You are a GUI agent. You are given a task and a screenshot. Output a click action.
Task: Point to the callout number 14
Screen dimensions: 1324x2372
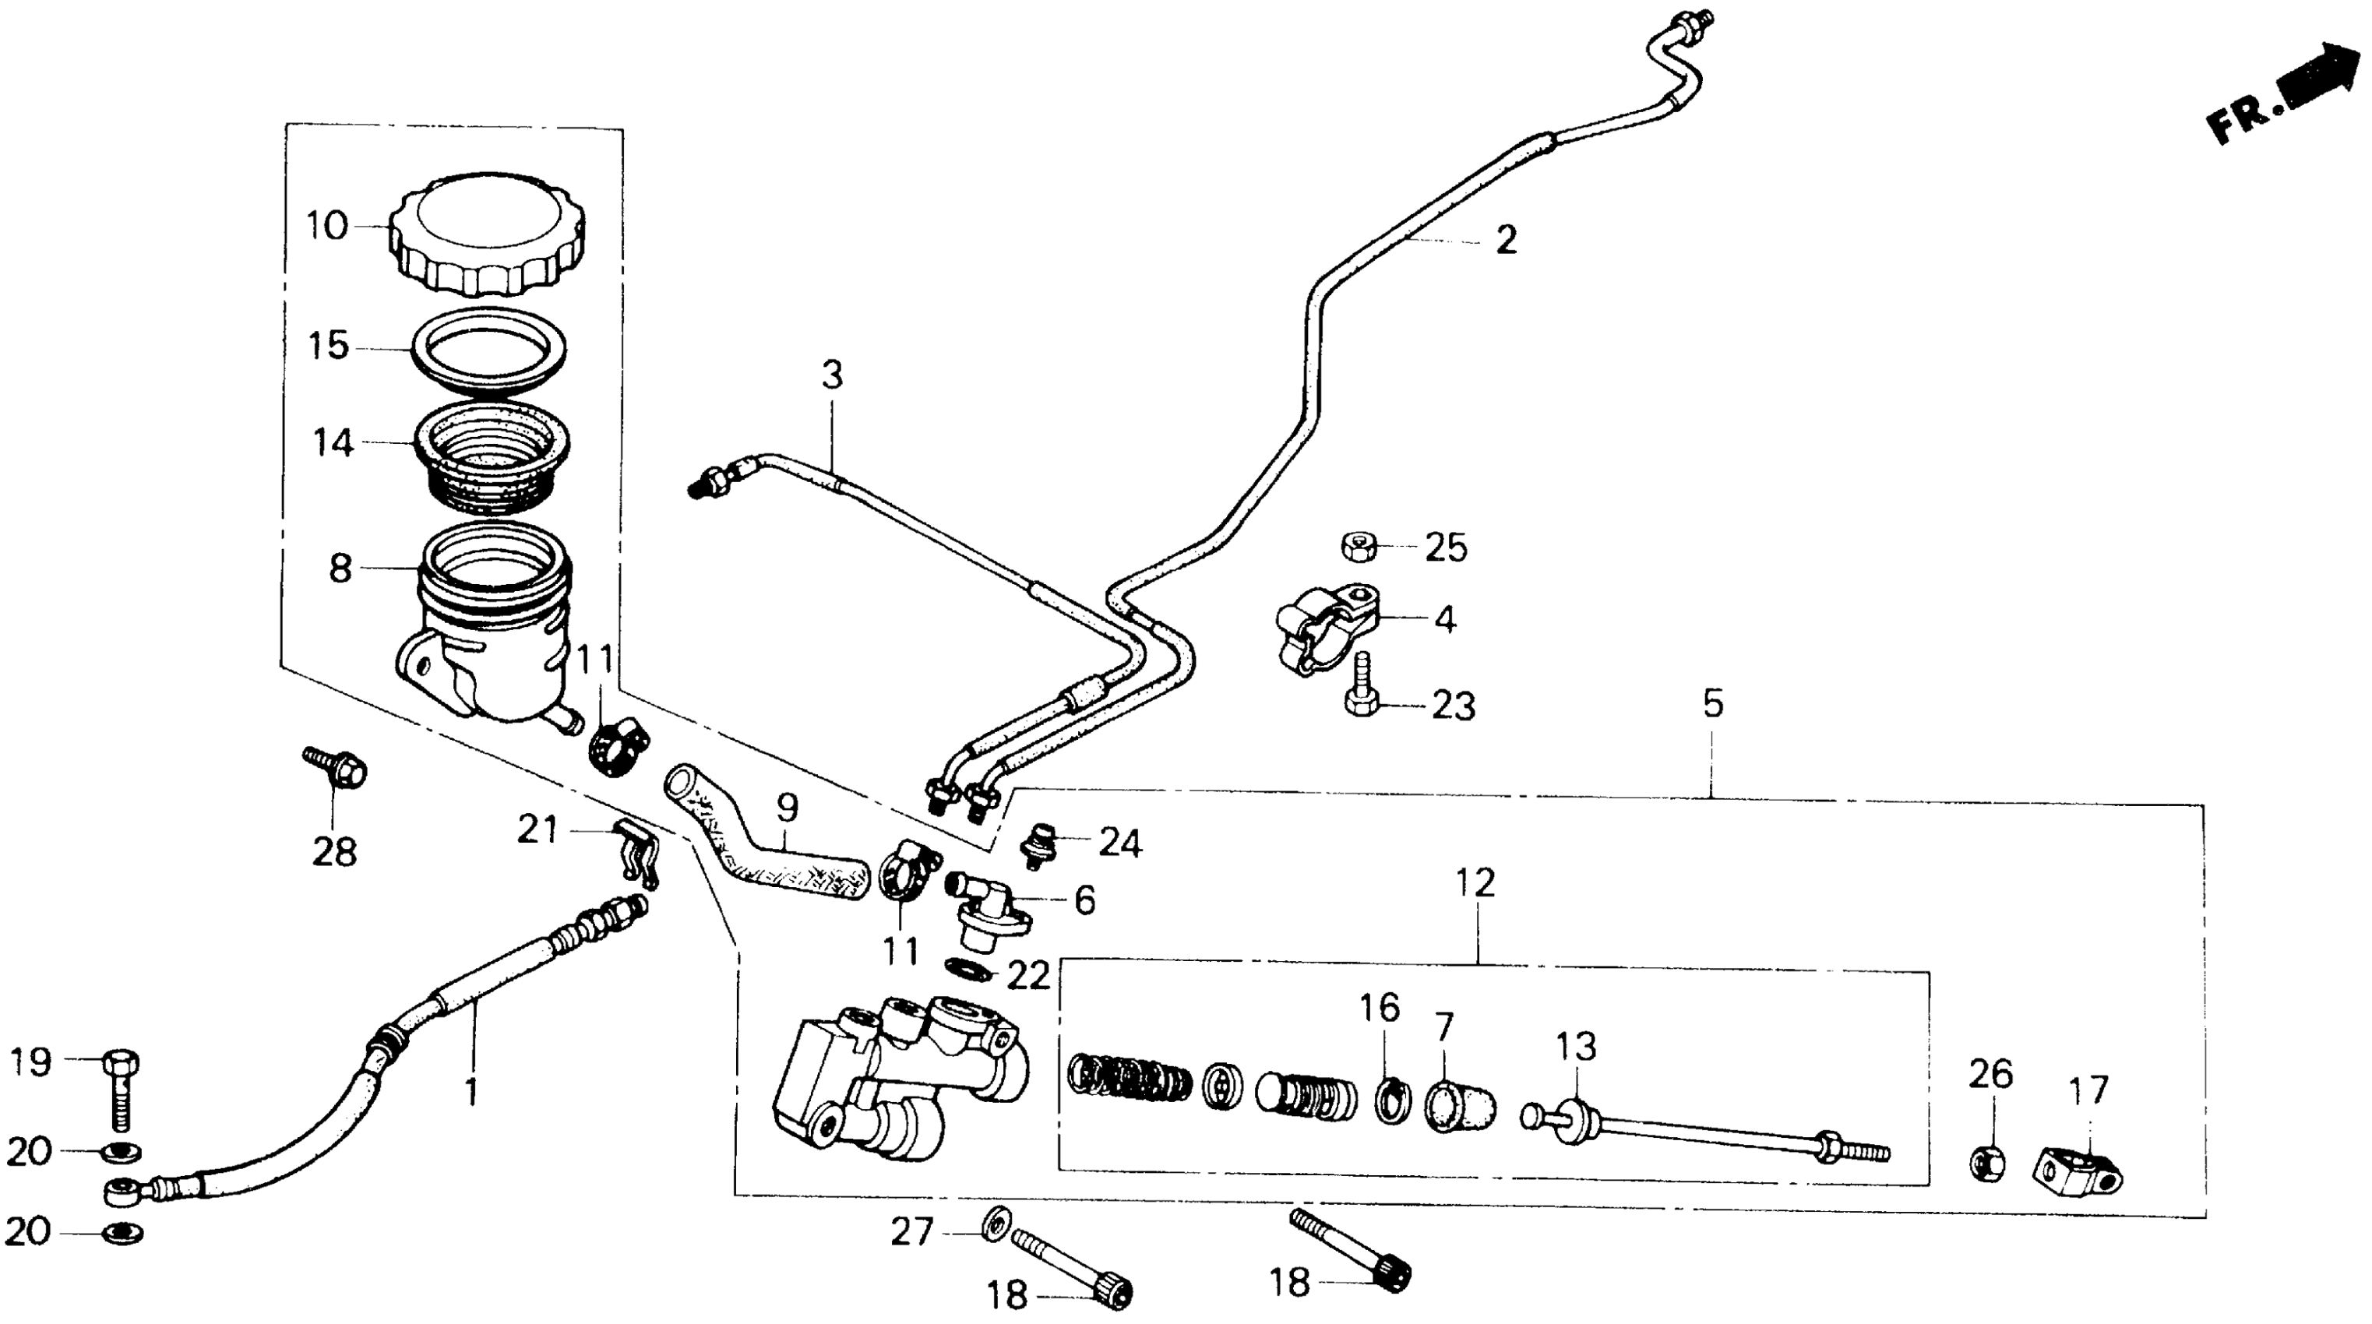tap(333, 443)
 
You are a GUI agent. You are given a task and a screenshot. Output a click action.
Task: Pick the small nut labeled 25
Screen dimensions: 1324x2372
tap(1359, 546)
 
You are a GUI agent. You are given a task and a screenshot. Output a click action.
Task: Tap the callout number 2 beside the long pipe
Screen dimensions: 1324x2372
tap(1506, 241)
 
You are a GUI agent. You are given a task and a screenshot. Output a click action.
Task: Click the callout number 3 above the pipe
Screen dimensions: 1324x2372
tap(831, 375)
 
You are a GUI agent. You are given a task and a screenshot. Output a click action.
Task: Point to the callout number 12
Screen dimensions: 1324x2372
tap(1475, 883)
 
